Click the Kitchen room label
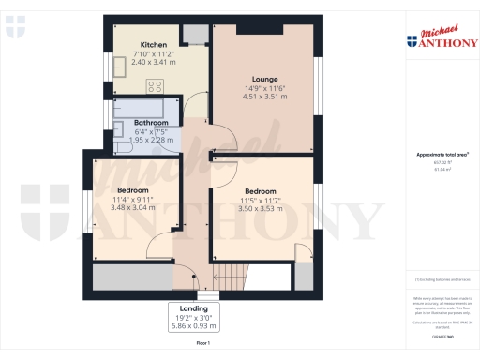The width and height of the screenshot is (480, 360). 154,45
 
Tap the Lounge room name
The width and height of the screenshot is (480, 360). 262,79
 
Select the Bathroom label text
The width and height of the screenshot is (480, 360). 151,123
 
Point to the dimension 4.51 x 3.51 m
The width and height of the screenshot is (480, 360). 262,96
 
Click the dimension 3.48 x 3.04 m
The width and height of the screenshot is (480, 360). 133,207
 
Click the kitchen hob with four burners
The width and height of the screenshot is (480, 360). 156,87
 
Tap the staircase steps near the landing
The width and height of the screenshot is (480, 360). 230,276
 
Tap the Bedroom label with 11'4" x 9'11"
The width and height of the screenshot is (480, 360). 133,190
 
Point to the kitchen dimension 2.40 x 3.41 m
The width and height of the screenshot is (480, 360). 154,62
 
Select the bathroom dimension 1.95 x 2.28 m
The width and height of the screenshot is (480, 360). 151,140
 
